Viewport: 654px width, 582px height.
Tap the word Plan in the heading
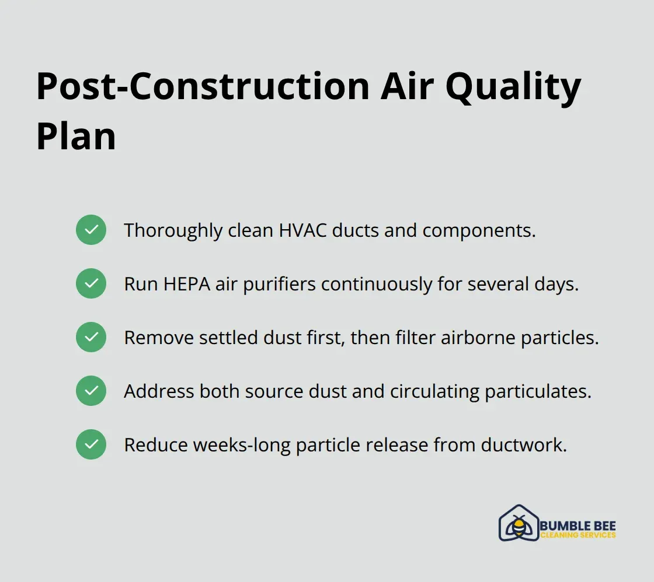pyautogui.click(x=76, y=137)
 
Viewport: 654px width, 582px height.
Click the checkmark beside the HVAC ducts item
pyautogui.click(x=91, y=230)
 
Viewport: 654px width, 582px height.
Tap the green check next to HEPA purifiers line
pyautogui.click(x=91, y=283)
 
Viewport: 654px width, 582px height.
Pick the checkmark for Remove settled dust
pyautogui.click(x=91, y=337)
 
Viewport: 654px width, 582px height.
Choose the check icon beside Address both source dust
pyautogui.click(x=91, y=391)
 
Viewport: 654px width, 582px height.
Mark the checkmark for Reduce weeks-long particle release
pyautogui.click(x=91, y=444)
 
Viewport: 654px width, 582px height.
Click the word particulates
pyautogui.click(x=538, y=391)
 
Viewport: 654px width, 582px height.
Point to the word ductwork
pyautogui.click(x=524, y=445)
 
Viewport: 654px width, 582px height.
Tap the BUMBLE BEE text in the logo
pyautogui.click(x=578, y=526)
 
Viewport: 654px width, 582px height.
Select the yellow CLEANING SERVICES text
pyautogui.click(x=578, y=535)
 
